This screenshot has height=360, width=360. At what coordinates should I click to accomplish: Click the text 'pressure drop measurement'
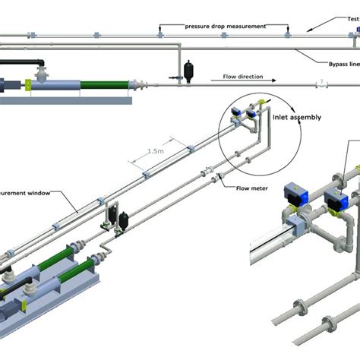(226, 26)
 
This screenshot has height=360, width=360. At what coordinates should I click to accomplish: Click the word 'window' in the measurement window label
(38, 193)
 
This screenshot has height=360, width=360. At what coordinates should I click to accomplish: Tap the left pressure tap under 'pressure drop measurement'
(160, 31)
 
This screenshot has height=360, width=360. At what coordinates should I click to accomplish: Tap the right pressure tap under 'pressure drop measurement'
(287, 31)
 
